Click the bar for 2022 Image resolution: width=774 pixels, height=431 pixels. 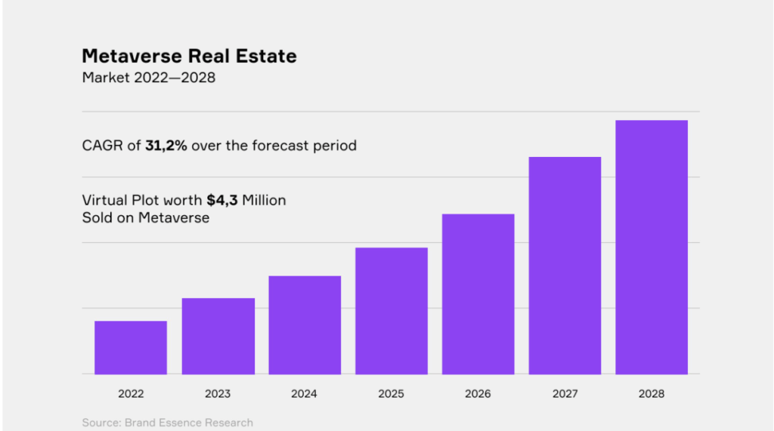tap(131, 347)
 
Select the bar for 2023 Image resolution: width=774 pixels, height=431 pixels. tap(218, 336)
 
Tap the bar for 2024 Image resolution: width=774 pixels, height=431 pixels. tap(305, 325)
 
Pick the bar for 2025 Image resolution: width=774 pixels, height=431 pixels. tap(392, 311)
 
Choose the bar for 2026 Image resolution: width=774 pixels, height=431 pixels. tap(478, 294)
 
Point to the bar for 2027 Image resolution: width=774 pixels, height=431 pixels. tap(565, 266)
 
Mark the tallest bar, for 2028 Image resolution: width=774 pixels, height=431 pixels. tap(652, 248)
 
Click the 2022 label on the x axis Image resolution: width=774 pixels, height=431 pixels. tap(131, 394)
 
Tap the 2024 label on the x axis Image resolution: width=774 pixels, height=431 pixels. tap(305, 394)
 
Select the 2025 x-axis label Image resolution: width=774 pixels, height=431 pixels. tap(392, 394)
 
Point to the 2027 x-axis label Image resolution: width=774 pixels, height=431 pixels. tap(565, 394)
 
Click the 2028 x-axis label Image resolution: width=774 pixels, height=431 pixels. tap(652, 394)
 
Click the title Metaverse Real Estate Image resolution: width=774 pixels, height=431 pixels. tap(189, 56)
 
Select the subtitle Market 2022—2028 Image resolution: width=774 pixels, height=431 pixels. tap(148, 78)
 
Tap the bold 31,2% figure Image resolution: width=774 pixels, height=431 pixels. tap(166, 145)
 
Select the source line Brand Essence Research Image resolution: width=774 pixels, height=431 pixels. tap(167, 423)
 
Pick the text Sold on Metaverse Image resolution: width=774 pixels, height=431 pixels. tap(145, 218)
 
